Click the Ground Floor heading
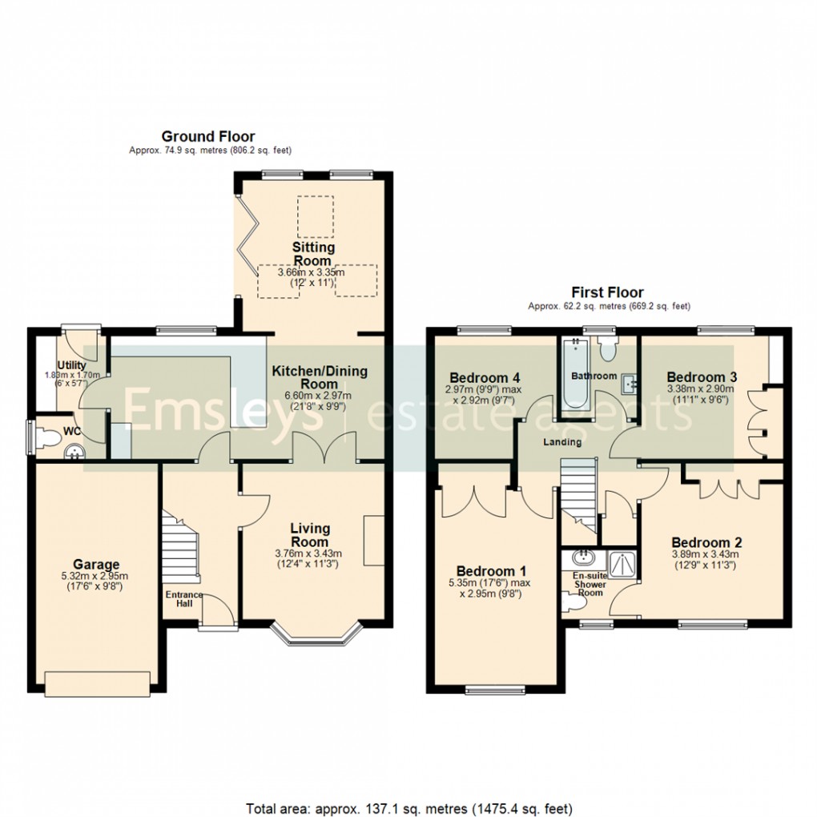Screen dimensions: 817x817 point(208,136)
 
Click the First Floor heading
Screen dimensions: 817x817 point(607,292)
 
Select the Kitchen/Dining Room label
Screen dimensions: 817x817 point(320,377)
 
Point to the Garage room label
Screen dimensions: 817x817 point(96,565)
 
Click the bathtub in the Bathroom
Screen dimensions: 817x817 point(575,372)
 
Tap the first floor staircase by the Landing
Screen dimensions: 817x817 point(578,493)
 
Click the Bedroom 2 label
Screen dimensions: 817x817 point(701,542)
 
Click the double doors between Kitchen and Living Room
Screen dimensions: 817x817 point(324,449)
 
